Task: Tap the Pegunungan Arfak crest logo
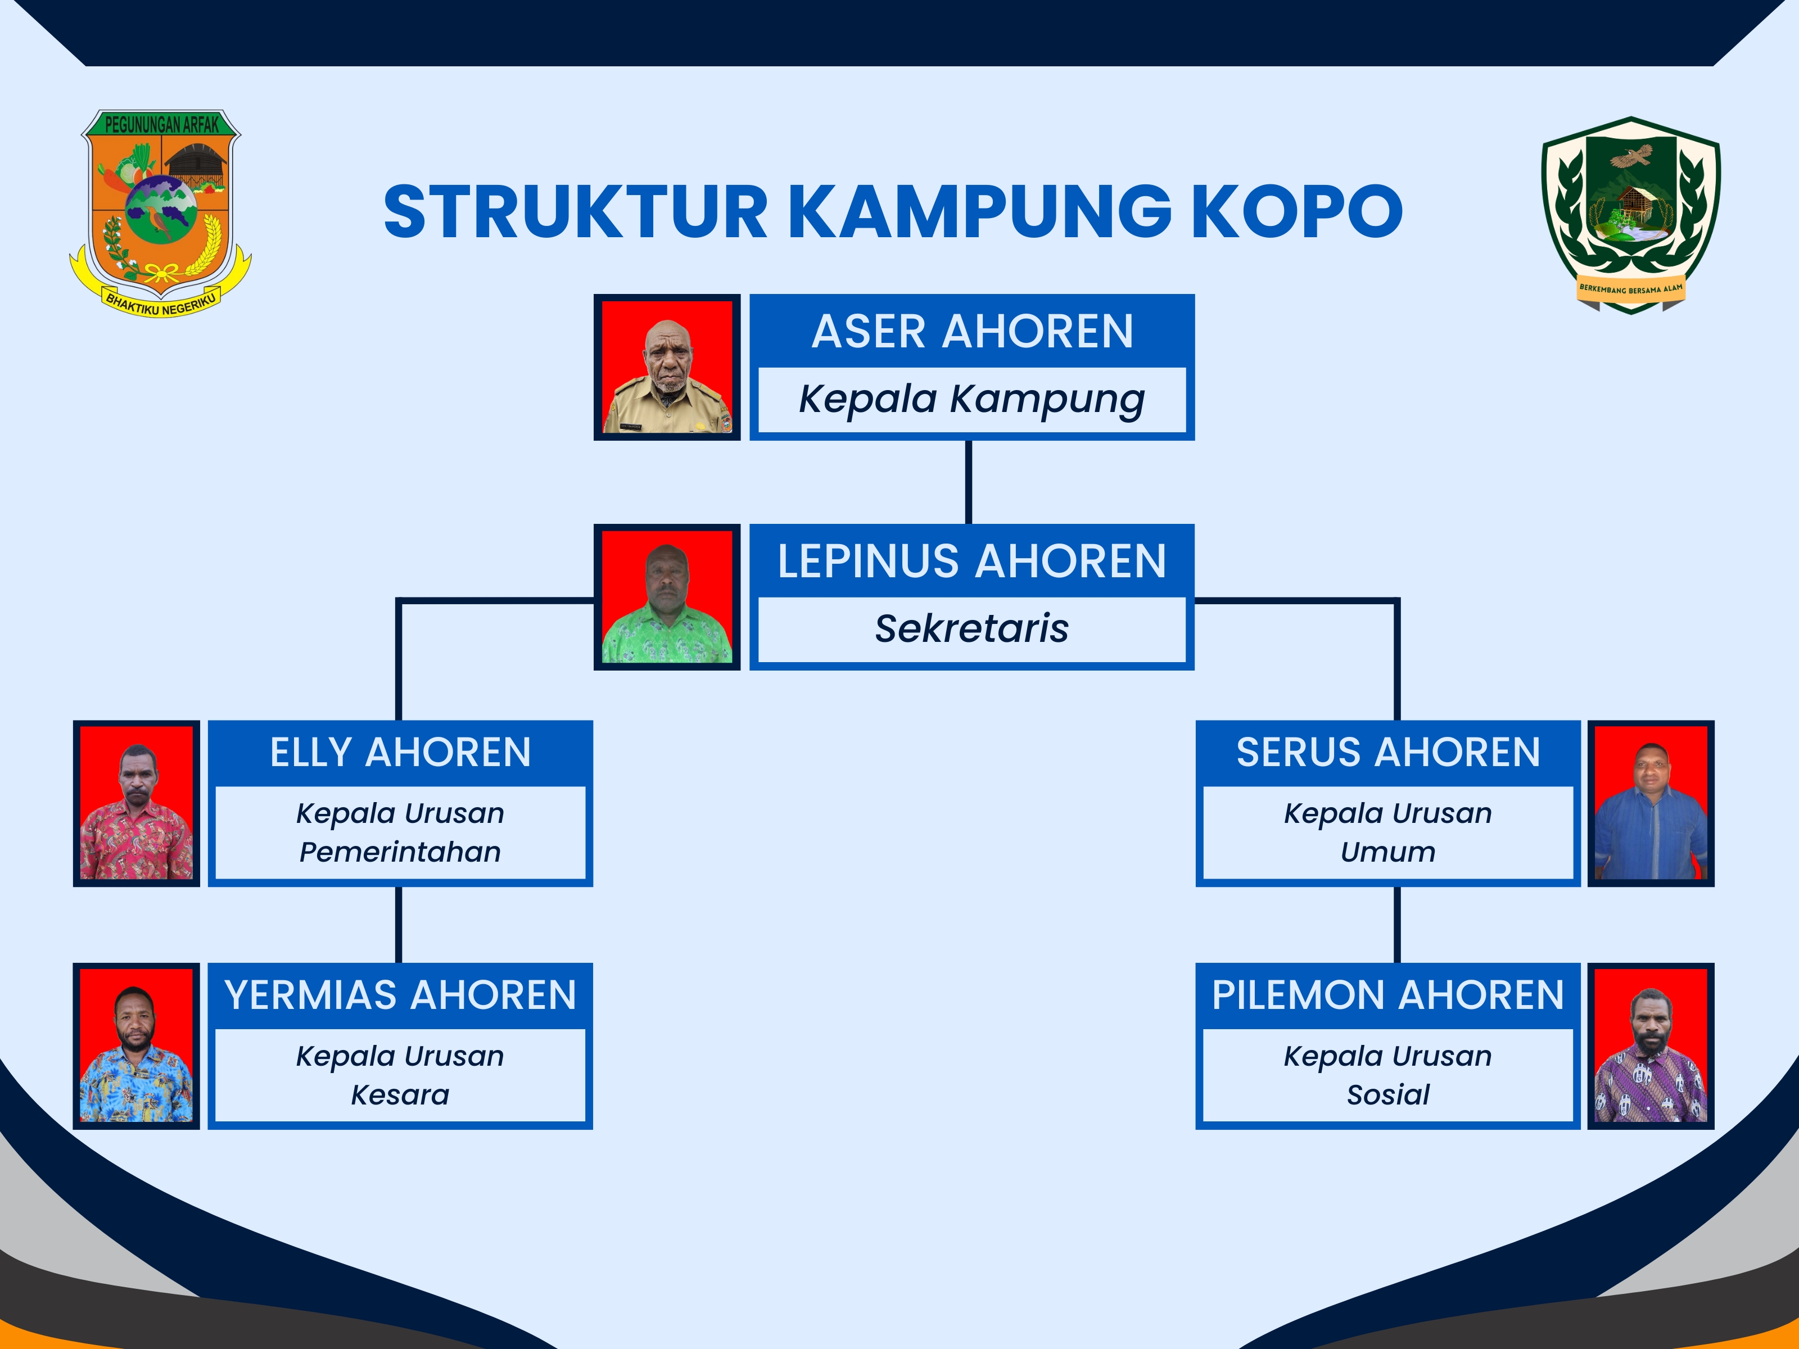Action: point(160,213)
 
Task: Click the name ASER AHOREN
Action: point(972,332)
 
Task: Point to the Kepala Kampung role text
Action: point(972,399)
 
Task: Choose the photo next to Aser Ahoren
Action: point(667,368)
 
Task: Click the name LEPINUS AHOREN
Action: point(972,561)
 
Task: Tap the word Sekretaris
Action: point(972,628)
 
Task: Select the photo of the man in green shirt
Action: point(667,597)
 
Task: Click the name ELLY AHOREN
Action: point(400,752)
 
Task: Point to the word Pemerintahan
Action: point(400,852)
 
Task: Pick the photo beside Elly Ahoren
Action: point(137,803)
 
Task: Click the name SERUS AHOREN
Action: point(1387,752)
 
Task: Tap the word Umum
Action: point(1387,852)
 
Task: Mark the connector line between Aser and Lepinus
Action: point(969,482)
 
